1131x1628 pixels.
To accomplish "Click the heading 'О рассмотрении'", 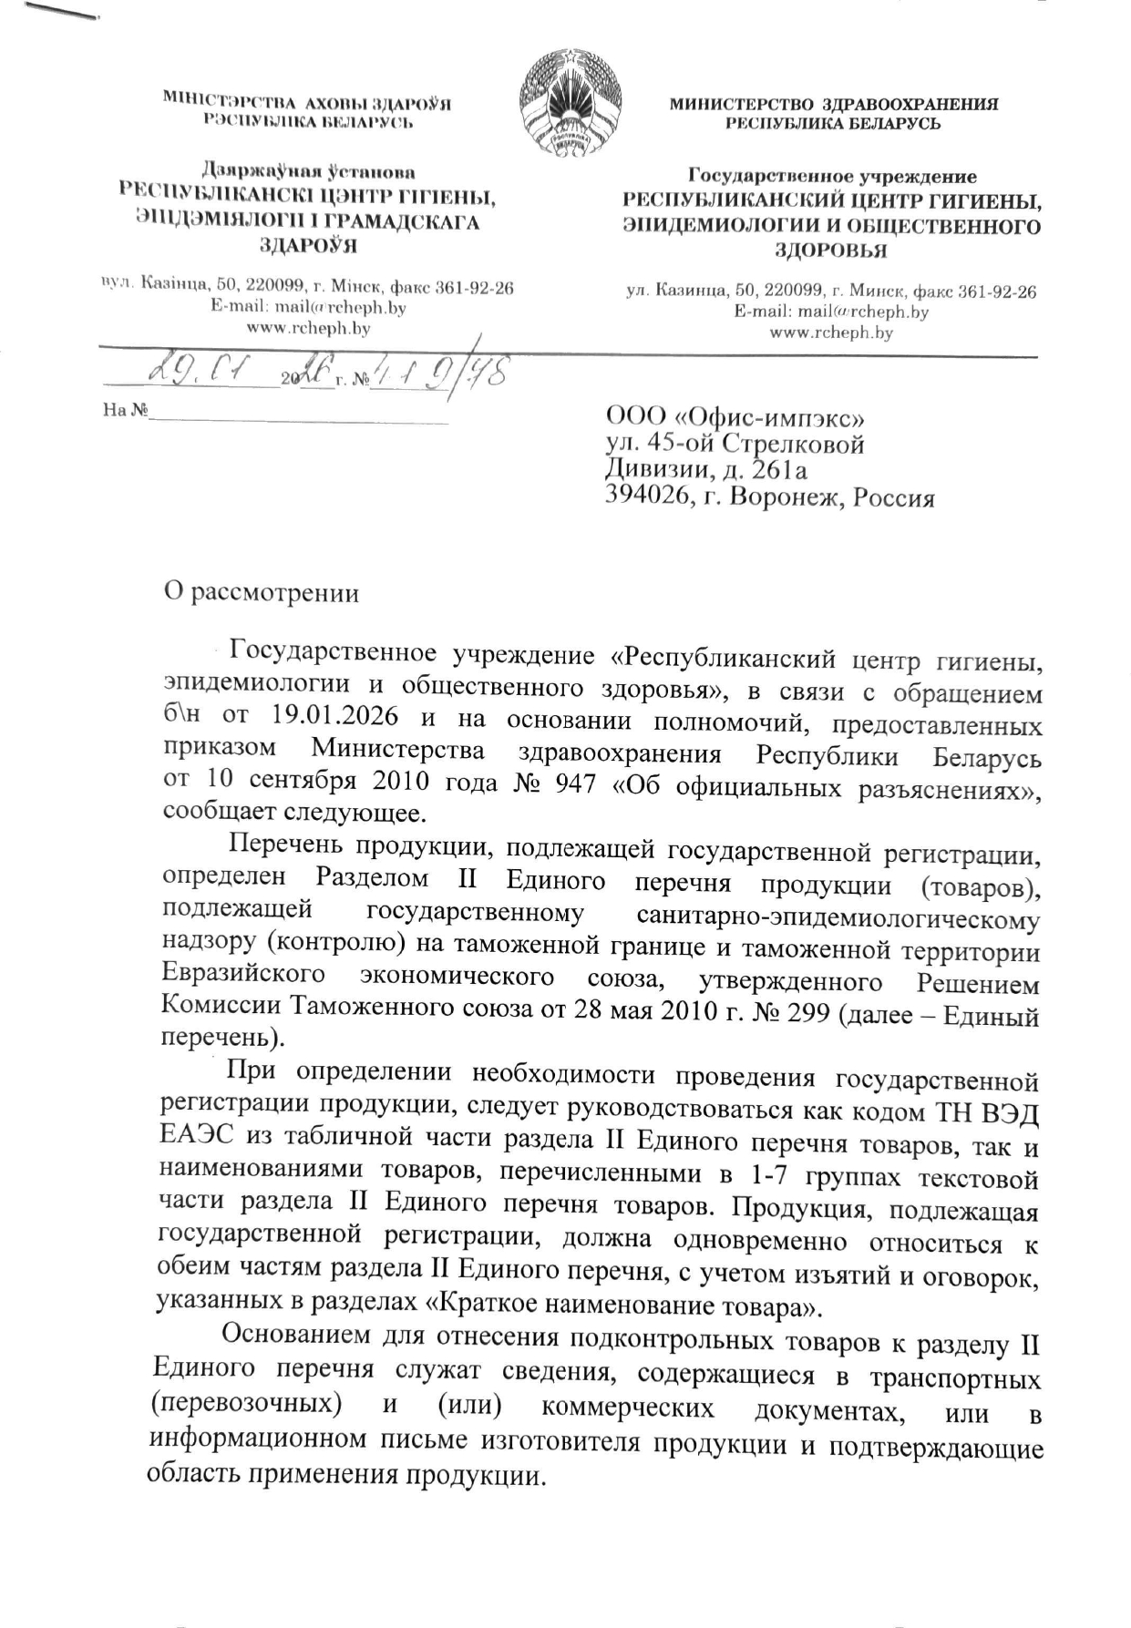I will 261,593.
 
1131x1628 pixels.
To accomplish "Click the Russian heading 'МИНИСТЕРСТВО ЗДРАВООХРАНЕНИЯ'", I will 833,105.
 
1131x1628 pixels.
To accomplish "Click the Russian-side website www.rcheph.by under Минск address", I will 831,333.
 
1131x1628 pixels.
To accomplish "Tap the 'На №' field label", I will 125,411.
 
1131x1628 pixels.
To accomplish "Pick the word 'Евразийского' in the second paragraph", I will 243,976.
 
